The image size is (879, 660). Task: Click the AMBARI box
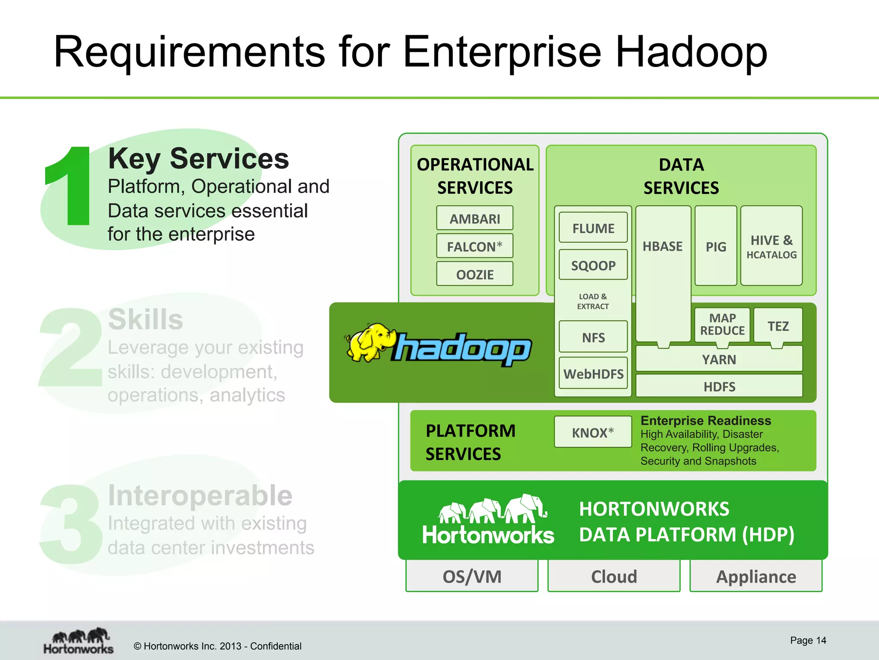tap(474, 218)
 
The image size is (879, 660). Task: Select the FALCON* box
tap(474, 246)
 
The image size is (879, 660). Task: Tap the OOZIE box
tap(474, 274)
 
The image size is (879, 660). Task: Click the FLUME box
tap(593, 228)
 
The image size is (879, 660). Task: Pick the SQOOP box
tap(593, 265)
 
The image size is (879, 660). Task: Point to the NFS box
tap(593, 337)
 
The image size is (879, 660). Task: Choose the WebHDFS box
tap(593, 373)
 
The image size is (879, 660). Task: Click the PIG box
tap(715, 246)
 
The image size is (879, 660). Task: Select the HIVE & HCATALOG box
tap(771, 246)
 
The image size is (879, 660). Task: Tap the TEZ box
tap(778, 326)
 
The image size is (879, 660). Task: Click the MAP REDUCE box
tap(722, 324)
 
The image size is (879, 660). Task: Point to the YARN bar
tap(718, 359)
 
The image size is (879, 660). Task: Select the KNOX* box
tap(592, 432)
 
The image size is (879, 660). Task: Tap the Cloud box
tap(614, 576)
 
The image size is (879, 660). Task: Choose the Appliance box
tap(755, 576)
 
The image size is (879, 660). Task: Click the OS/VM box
tap(472, 576)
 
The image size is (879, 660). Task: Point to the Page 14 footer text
tap(808, 640)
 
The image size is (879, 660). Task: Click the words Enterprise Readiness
tap(705, 420)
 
